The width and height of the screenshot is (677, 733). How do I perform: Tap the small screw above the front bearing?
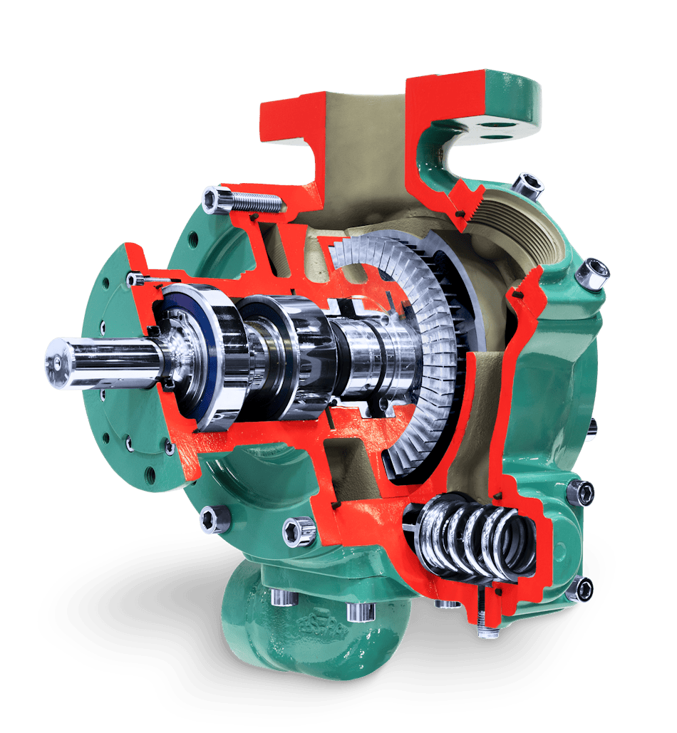(x=146, y=281)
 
